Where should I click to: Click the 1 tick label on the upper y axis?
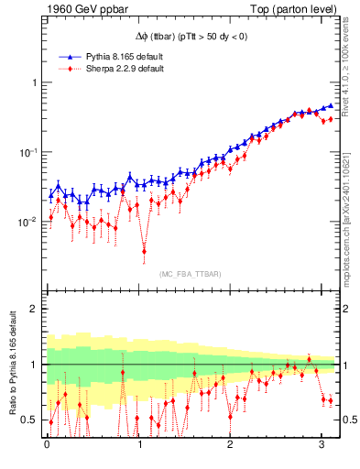point(33,82)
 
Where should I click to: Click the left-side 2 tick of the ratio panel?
point(33,309)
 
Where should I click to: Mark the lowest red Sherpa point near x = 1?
point(144,250)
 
